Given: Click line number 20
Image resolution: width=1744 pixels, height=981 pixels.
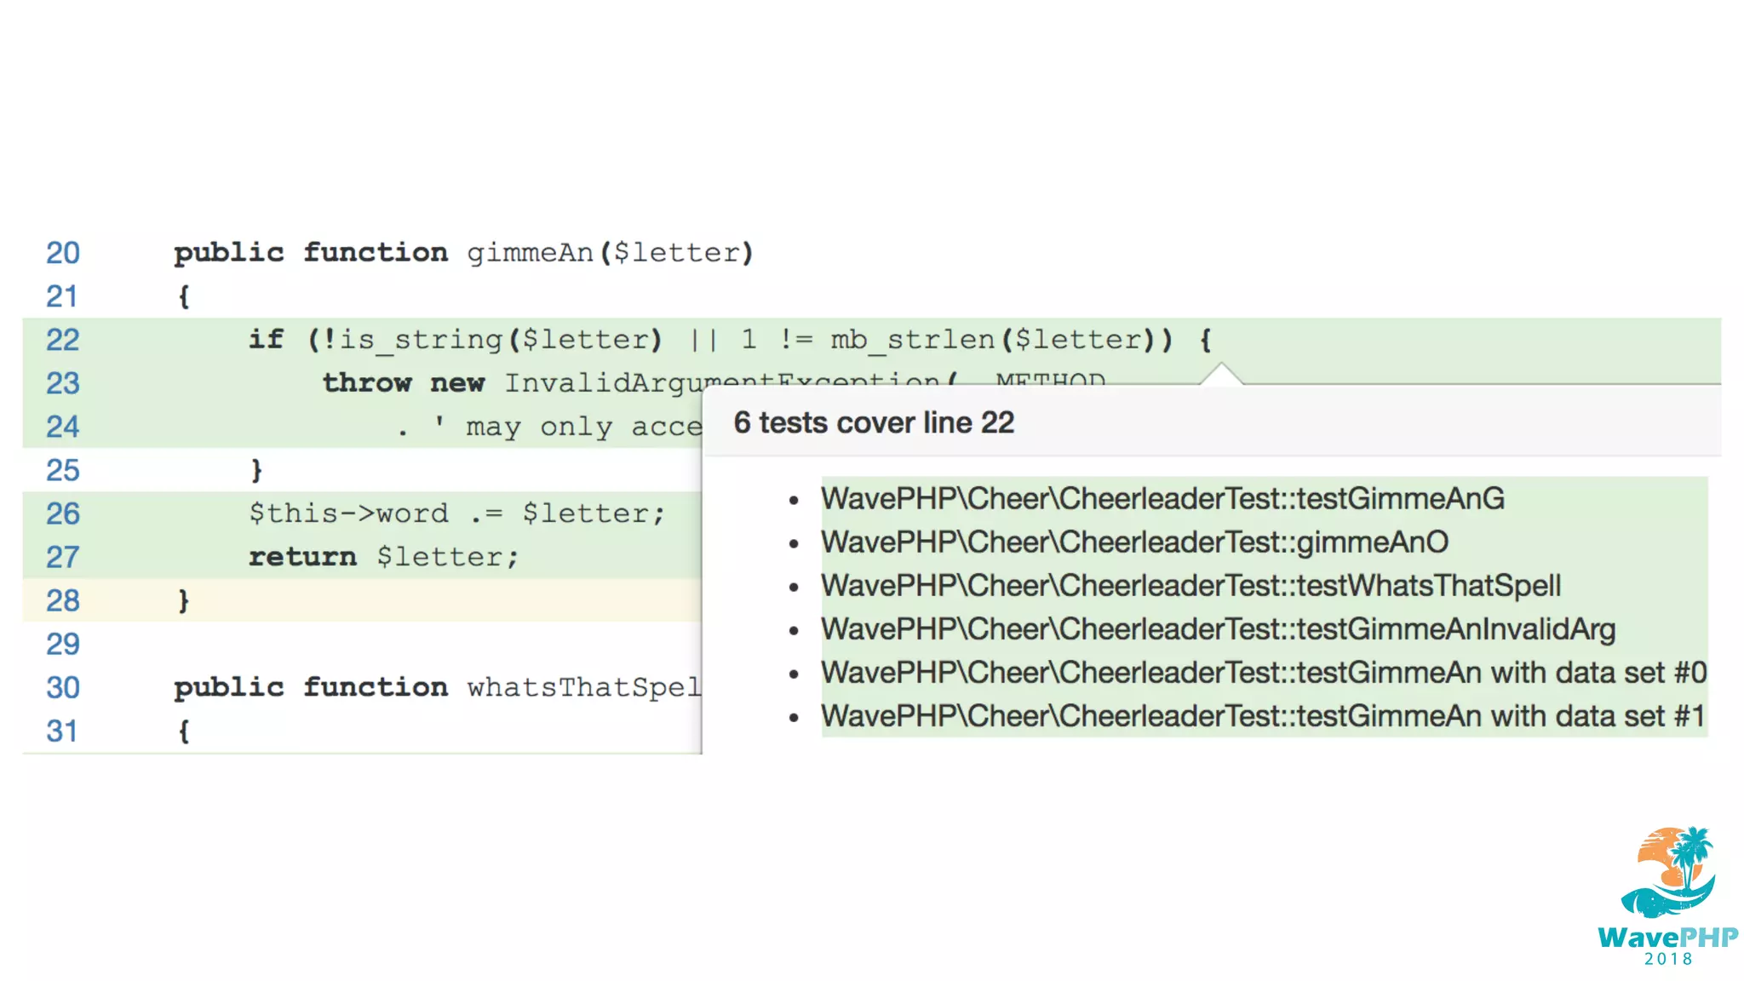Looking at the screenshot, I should click(x=63, y=253).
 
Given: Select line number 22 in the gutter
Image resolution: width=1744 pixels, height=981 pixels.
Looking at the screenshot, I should click(x=63, y=340).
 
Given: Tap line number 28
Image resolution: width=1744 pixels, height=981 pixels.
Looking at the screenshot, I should click(x=63, y=600).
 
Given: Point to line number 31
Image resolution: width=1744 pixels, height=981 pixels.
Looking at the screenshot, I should click(x=63, y=731).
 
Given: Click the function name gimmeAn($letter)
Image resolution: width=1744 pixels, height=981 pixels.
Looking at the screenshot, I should click(x=610, y=253).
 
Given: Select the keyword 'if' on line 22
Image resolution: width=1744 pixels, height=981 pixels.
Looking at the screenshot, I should click(x=266, y=339).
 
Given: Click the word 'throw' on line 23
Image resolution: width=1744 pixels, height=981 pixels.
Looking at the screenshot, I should click(x=367, y=382).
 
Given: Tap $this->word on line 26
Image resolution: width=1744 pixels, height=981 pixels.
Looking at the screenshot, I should click(x=348, y=513).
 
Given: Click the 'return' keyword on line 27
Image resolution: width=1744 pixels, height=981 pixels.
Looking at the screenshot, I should click(x=302, y=557).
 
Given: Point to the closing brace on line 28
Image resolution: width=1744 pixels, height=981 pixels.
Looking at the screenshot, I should click(x=183, y=600).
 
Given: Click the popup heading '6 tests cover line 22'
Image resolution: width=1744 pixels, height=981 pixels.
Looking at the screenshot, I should click(x=874, y=422).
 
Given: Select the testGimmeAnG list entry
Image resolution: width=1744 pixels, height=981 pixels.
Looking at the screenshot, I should click(x=1162, y=499).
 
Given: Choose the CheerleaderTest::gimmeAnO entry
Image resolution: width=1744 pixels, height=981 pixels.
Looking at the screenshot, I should click(x=1134, y=542).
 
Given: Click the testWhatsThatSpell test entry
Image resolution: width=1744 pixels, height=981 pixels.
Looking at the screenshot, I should click(x=1190, y=586).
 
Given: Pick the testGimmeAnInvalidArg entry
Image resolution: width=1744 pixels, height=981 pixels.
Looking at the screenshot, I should click(x=1218, y=629).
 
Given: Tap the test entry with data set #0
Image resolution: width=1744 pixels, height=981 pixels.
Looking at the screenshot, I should click(x=1263, y=673).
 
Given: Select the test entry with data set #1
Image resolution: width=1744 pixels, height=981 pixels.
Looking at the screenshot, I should click(x=1263, y=716).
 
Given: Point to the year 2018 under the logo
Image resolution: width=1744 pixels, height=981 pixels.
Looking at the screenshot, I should click(x=1668, y=960).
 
